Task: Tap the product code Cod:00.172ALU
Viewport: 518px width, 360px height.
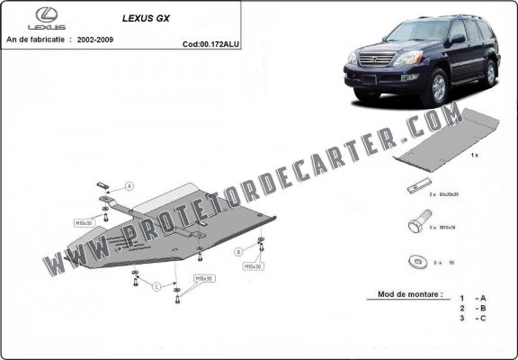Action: [211, 43]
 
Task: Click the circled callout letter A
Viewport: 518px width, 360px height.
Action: [129, 185]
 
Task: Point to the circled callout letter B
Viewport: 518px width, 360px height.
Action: [238, 251]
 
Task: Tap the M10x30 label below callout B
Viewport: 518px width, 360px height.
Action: [253, 266]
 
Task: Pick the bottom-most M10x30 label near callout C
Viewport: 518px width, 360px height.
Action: [204, 278]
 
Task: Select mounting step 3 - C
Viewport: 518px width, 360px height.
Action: [474, 318]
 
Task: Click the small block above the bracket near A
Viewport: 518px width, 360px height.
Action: [103, 183]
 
